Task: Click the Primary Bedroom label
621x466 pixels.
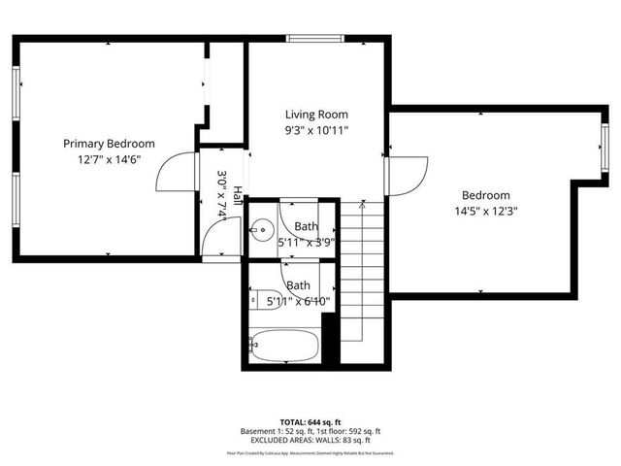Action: coord(103,143)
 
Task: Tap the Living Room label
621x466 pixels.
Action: coord(316,114)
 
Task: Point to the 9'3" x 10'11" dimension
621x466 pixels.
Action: coord(316,129)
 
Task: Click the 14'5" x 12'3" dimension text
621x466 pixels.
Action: coord(485,211)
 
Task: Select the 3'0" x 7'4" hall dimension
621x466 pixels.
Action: coord(222,197)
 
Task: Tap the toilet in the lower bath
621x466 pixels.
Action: coord(266,298)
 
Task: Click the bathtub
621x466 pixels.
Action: coord(284,344)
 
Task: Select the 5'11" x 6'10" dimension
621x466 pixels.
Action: coord(299,301)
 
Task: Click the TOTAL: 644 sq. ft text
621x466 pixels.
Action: coord(310,422)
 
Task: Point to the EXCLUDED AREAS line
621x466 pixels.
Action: coord(310,441)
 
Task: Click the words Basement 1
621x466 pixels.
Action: coord(262,432)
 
